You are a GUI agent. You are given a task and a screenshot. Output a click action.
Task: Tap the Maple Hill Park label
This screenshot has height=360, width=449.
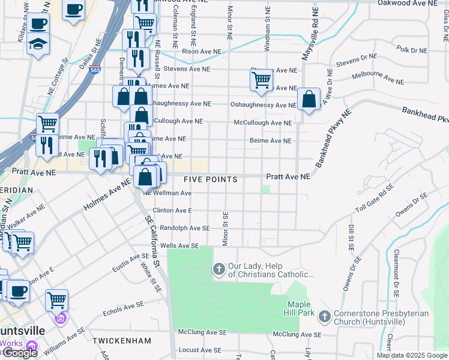point(298,309)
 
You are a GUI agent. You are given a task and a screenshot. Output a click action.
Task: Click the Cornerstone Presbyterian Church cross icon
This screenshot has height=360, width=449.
point(325,316)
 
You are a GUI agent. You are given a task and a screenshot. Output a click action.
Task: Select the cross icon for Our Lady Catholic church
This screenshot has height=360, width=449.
point(219,269)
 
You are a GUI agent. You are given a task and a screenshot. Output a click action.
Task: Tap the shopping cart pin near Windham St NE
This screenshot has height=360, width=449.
point(261,79)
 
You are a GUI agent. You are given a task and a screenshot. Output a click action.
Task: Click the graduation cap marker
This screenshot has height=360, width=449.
point(38,44)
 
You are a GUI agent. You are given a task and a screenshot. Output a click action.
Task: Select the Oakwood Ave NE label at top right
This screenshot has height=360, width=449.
point(408,3)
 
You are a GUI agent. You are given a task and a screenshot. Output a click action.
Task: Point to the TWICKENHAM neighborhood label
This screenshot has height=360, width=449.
point(122,340)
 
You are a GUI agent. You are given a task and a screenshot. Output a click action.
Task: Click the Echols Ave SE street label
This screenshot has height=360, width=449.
point(124,308)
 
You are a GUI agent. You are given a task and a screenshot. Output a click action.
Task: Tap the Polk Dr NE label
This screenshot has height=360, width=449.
point(411,49)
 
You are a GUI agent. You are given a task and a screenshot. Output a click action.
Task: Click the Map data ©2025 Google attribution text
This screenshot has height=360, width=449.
point(411,355)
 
